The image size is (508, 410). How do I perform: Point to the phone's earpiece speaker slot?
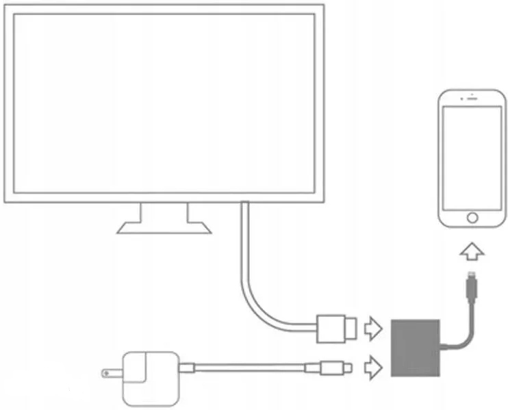[x=472, y=99]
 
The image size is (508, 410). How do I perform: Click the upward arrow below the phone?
[x=472, y=252]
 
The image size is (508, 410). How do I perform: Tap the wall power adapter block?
[x=147, y=376]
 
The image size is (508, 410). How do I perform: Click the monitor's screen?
[x=164, y=103]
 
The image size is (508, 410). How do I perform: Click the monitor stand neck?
[x=164, y=212]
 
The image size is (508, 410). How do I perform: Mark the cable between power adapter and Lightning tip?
[x=253, y=368]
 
